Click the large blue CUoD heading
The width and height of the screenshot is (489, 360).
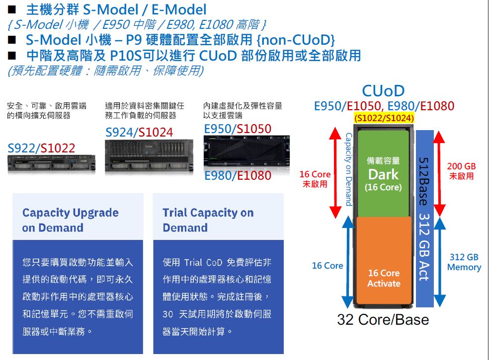[x=383, y=91]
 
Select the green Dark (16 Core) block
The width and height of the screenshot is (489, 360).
[x=383, y=173]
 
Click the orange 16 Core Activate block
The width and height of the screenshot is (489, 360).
[x=383, y=278]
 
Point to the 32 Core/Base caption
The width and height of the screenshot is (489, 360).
[x=383, y=319]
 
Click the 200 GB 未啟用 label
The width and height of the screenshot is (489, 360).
[x=461, y=171]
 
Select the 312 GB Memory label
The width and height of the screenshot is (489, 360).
[x=464, y=262]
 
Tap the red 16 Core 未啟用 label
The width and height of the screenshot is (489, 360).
[x=315, y=179]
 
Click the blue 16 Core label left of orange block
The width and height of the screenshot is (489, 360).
[x=327, y=266]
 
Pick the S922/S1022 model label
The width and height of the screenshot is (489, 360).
[x=41, y=148]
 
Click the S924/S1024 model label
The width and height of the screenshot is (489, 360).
[x=139, y=132]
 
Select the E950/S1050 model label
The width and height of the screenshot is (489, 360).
[x=238, y=129]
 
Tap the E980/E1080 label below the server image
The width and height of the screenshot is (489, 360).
[x=238, y=176]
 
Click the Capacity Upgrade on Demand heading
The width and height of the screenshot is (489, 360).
[x=70, y=220]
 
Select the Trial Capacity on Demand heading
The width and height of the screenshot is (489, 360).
[x=208, y=220]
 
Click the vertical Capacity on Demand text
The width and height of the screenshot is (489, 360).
[x=348, y=169]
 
